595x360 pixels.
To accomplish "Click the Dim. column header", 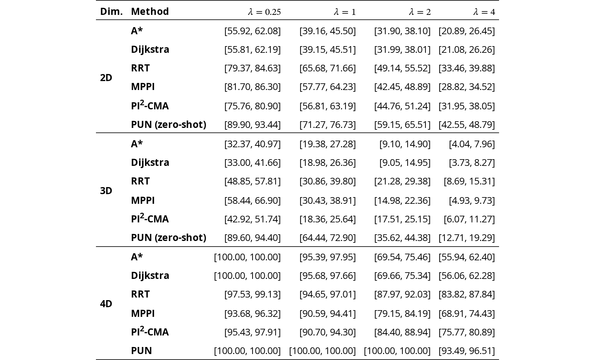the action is click(111, 12).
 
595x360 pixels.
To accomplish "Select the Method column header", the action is click(150, 12).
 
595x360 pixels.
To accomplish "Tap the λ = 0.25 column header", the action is click(264, 12).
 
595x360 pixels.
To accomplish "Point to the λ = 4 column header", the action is click(484, 12).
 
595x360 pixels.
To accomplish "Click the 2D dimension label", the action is click(106, 78).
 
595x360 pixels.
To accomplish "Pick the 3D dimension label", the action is click(106, 190).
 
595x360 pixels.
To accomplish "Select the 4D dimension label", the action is click(106, 303).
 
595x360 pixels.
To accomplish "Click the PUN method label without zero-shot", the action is click(141, 350).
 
